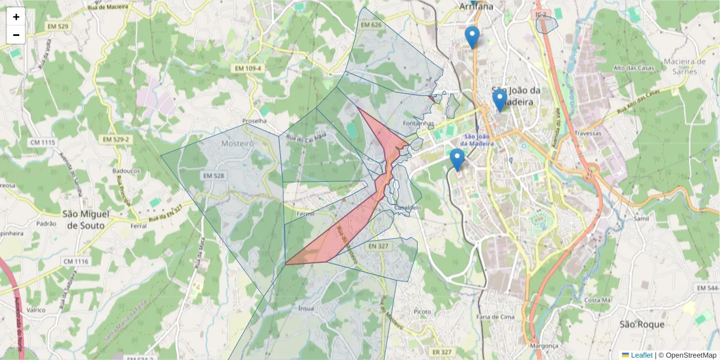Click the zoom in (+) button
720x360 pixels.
[x=16, y=17]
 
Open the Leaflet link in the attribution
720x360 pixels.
[x=641, y=355]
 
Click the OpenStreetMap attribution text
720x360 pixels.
[x=691, y=355]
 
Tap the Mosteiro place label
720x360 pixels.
[x=238, y=143]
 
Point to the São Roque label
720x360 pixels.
[x=642, y=324]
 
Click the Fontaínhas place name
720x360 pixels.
[x=419, y=123]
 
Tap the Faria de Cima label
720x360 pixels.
[x=495, y=317]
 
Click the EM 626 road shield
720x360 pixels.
[x=371, y=25]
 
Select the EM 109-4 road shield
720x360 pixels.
[x=248, y=69]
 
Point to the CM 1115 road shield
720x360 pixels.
[x=42, y=142]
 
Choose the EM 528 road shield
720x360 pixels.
[x=214, y=176]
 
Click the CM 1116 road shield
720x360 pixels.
[x=76, y=262]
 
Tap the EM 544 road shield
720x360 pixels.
[x=708, y=289]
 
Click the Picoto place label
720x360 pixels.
[x=422, y=312]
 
